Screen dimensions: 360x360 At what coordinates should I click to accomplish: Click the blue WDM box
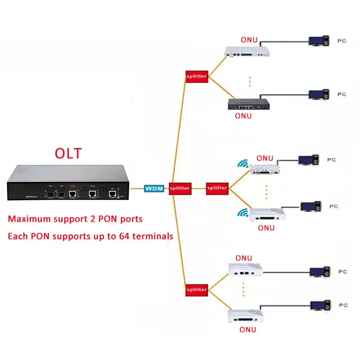[154, 188]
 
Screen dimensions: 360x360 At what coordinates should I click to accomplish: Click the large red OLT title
[68, 153]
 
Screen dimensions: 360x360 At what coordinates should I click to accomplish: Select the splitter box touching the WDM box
[180, 188]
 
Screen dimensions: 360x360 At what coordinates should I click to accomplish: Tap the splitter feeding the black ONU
[196, 76]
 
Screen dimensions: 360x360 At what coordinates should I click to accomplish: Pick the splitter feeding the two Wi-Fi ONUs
[217, 188]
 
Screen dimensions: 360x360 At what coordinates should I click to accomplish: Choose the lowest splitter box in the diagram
[196, 289]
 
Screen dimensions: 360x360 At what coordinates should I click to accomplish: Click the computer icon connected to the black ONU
[318, 94]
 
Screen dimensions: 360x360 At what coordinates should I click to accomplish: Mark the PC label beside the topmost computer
[342, 40]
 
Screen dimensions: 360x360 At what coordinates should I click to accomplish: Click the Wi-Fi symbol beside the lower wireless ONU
[243, 212]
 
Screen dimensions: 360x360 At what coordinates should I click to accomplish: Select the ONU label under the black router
[243, 116]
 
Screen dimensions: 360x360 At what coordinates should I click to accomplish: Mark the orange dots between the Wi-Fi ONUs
[266, 192]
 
